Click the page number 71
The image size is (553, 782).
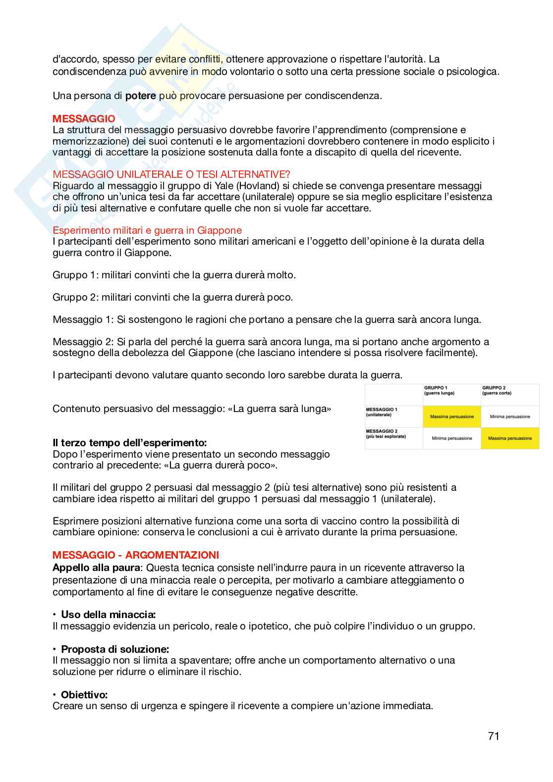[493, 736]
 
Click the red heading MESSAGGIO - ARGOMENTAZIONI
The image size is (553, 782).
[136, 555]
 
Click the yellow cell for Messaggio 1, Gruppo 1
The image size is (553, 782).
[451, 417]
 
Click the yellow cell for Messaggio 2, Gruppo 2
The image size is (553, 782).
[509, 438]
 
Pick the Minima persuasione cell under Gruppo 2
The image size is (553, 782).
[509, 417]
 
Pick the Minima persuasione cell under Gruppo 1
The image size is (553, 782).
[451, 438]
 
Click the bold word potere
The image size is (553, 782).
[141, 96]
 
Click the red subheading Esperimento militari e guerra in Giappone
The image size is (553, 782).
[147, 230]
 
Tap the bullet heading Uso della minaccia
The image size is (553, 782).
[108, 615]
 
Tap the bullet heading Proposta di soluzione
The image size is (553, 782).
[114, 649]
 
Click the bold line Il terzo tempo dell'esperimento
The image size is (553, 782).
[129, 442]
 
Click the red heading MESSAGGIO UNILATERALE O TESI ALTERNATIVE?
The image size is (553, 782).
[171, 174]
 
